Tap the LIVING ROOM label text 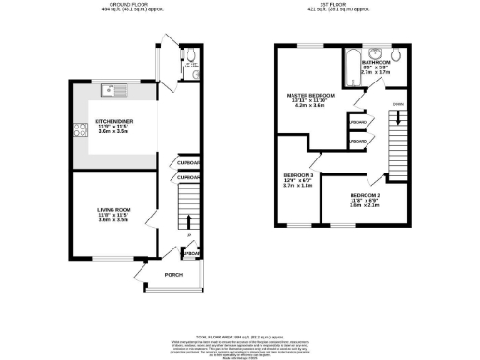click(x=112, y=208)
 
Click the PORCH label click(x=173, y=275)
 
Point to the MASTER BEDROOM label click(x=310, y=94)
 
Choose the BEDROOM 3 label click(x=298, y=174)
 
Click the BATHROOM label click(x=376, y=62)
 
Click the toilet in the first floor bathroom click(x=397, y=53)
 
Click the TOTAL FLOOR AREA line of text click(x=239, y=335)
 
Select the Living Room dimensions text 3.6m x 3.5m click(x=112, y=219)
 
